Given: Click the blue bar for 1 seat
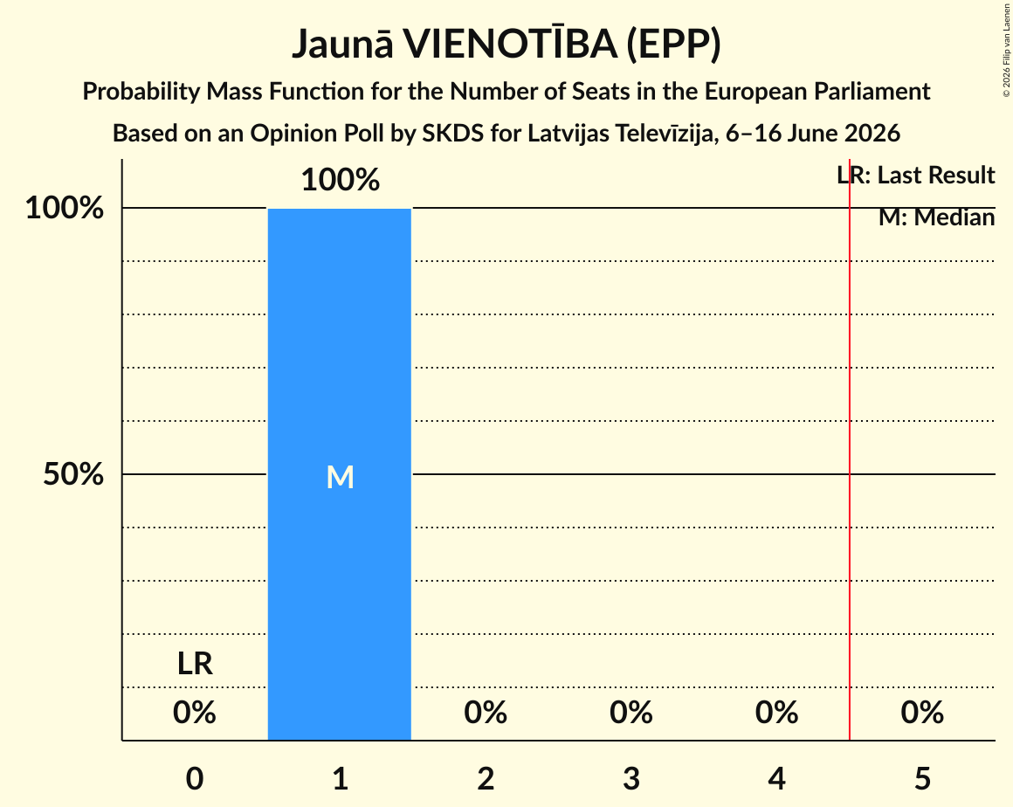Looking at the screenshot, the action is [x=340, y=474].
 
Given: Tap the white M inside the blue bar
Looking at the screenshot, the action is [x=340, y=478].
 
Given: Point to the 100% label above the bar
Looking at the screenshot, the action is [x=341, y=180].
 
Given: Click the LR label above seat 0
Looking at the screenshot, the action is [x=195, y=664].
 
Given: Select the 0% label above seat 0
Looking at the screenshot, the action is [x=195, y=713].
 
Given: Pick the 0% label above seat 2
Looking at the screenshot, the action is [x=486, y=713].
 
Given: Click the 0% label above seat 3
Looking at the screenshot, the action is [x=631, y=713].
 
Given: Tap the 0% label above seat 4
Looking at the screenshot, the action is [x=777, y=713].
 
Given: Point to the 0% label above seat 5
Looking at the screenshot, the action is [x=922, y=713].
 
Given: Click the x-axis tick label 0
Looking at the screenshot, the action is [x=195, y=778].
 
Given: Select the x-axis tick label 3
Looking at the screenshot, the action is [x=631, y=778].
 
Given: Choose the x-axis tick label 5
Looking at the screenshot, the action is [x=922, y=778].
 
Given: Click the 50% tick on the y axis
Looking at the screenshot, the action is [x=73, y=474].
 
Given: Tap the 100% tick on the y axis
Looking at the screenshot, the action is [x=65, y=208].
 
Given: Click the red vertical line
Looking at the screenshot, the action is [x=850, y=450].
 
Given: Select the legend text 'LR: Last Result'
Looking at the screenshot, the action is [x=916, y=175].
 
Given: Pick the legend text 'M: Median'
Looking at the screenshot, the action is [x=937, y=217].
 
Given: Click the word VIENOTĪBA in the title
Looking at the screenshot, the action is [x=510, y=44].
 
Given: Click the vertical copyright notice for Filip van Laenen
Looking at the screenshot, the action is [x=1007, y=51].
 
